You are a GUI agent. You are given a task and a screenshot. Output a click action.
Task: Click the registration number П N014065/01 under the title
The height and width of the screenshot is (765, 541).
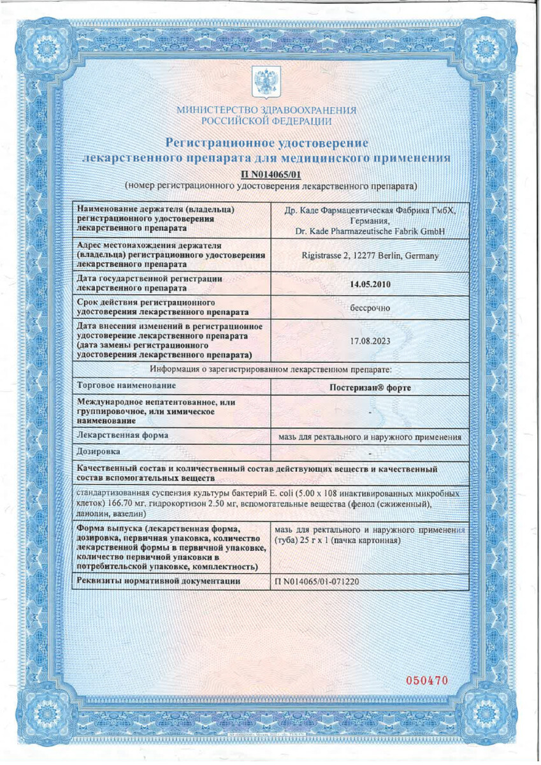[271, 173]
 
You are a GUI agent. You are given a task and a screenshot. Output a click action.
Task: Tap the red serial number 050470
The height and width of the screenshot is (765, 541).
[427, 680]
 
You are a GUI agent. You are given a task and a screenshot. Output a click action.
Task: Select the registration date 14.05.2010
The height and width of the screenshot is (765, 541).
[370, 284]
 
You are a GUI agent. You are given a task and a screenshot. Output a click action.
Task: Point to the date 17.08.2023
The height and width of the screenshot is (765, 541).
[370, 340]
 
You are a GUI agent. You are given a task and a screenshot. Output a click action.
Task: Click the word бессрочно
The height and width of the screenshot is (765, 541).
[370, 307]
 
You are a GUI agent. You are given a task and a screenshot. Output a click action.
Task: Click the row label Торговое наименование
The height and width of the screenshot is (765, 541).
[126, 386]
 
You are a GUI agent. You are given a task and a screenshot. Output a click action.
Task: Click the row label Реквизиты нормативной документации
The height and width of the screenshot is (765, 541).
[158, 581]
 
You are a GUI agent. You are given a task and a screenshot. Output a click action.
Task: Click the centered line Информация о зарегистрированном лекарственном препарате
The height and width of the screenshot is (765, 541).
[271, 370]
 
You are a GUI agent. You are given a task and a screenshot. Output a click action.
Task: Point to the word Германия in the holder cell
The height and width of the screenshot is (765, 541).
[370, 221]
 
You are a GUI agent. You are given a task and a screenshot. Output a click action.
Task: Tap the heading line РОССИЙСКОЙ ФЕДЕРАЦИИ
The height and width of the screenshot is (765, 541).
[266, 120]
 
